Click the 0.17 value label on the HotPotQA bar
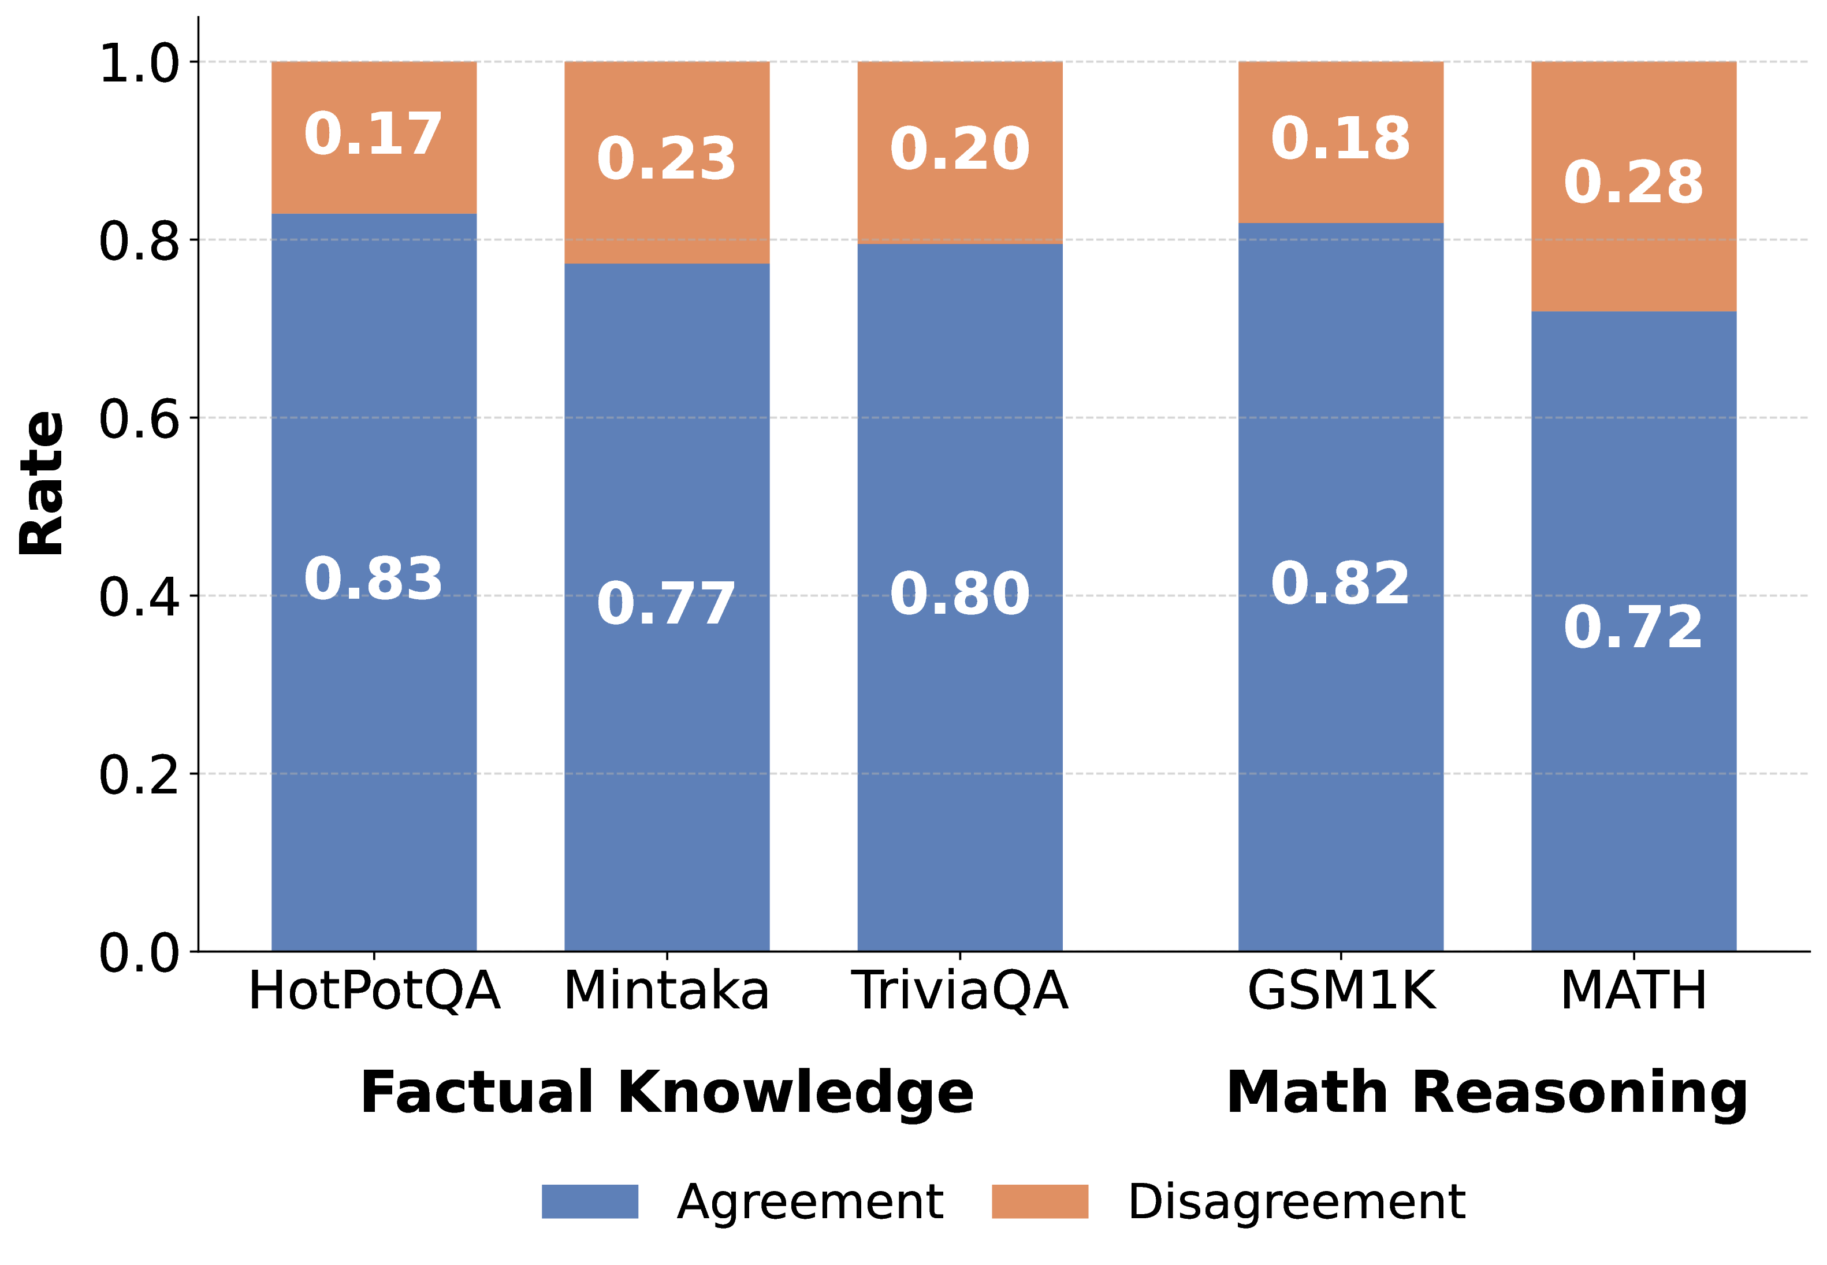point(373,134)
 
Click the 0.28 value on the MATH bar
point(1633,182)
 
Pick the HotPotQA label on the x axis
point(374,991)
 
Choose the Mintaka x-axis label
point(667,991)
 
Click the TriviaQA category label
point(959,991)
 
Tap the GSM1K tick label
point(1341,991)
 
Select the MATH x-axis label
point(1633,991)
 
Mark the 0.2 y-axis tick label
point(139,775)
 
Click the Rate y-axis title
point(41,484)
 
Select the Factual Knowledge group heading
point(667,1093)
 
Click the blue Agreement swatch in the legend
point(589,1201)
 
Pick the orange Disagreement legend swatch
point(1040,1201)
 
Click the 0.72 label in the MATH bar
point(1633,627)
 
